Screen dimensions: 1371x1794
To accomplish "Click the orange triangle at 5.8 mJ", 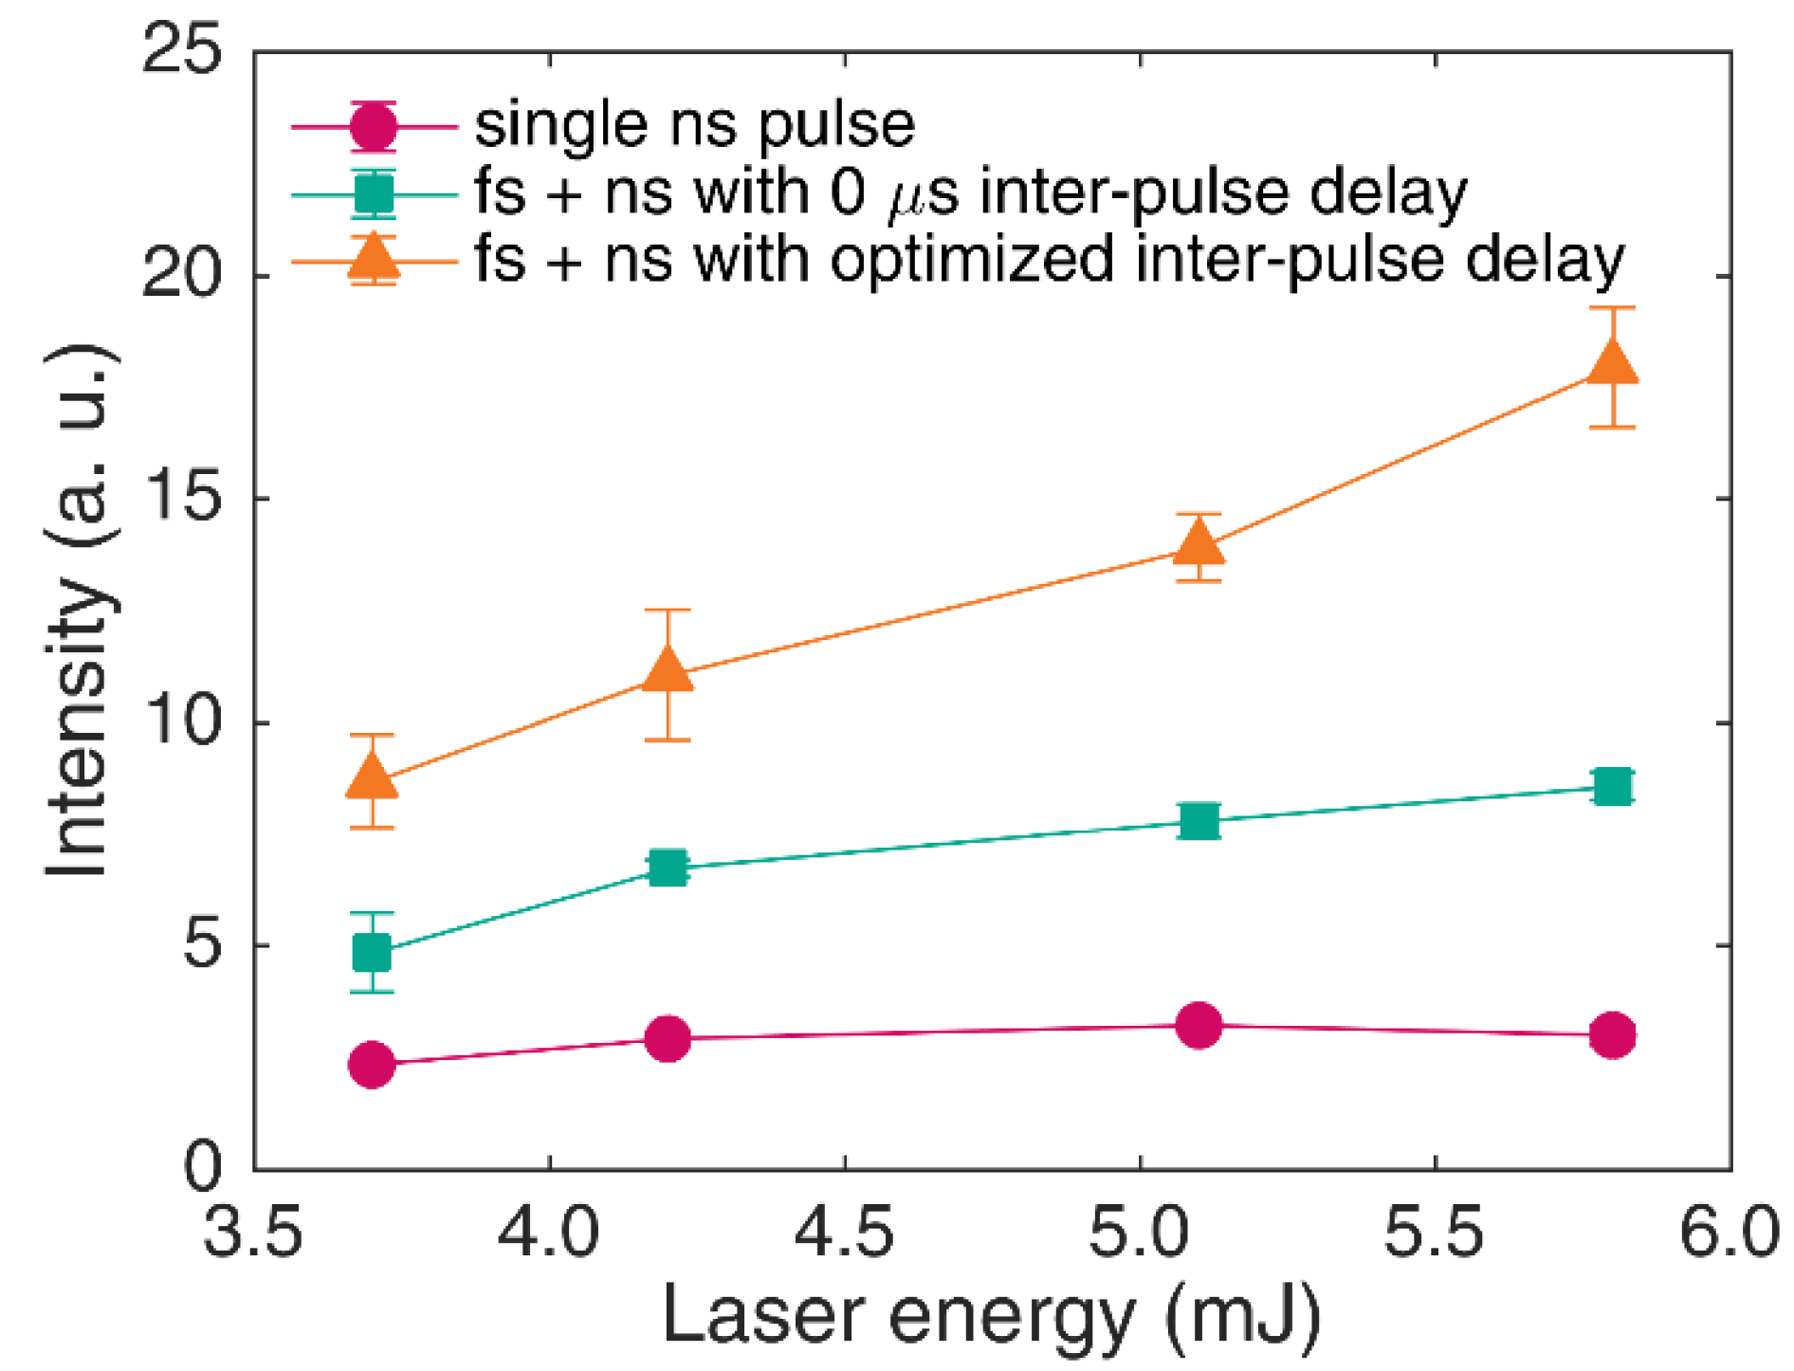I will [1612, 364].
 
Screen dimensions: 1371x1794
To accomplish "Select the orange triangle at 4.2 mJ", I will [668, 670].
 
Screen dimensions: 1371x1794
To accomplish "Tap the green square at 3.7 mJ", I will [372, 952].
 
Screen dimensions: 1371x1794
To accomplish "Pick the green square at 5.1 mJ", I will [1199, 820].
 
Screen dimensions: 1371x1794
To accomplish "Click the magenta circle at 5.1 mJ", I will [1199, 1025].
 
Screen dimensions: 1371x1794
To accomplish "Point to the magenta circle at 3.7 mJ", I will [372, 1065].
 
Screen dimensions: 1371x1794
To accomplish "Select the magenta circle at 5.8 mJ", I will [1612, 1033].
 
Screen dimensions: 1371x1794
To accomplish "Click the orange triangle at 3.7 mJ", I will [372, 777].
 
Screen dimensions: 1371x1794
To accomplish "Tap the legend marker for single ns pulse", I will [374, 125].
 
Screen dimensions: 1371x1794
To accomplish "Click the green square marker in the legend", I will [374, 193].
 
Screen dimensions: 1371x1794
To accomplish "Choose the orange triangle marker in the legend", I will [374, 259].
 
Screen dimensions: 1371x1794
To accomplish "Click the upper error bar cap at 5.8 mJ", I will [1612, 308].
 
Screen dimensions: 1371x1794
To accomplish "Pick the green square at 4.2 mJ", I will [668, 867].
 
